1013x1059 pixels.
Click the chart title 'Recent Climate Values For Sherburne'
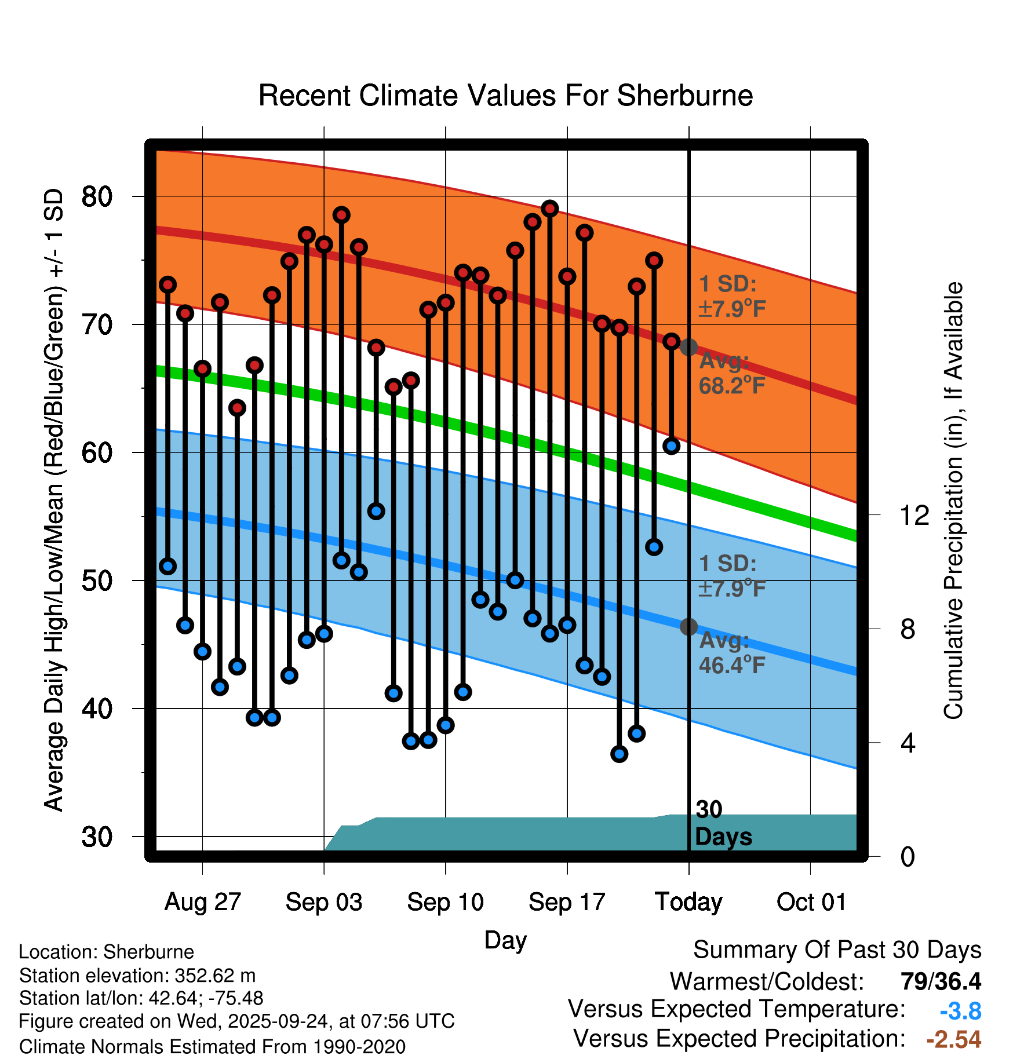[505, 96]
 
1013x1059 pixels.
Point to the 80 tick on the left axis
[97, 197]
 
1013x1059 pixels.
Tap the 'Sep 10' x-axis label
[445, 902]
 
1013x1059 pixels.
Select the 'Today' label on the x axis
[688, 902]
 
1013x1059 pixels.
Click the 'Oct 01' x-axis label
[811, 902]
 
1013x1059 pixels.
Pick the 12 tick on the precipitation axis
[914, 515]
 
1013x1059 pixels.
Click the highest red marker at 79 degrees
[550, 209]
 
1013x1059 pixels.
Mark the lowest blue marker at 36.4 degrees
[619, 754]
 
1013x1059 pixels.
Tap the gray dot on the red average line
[688, 347]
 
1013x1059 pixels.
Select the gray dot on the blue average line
[688, 626]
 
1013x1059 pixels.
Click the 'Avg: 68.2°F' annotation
[732, 374]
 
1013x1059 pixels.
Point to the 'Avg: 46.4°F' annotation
[732, 653]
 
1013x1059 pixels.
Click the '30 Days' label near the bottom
[723, 823]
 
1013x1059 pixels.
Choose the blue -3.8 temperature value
[960, 1011]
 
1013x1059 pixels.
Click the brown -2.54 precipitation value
[953, 1039]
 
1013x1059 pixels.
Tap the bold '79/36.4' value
[941, 981]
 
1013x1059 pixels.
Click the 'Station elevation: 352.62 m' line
[137, 976]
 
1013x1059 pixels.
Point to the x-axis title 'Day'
[505, 940]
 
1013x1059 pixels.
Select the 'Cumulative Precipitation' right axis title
[953, 501]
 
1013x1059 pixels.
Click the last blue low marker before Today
[671, 446]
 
